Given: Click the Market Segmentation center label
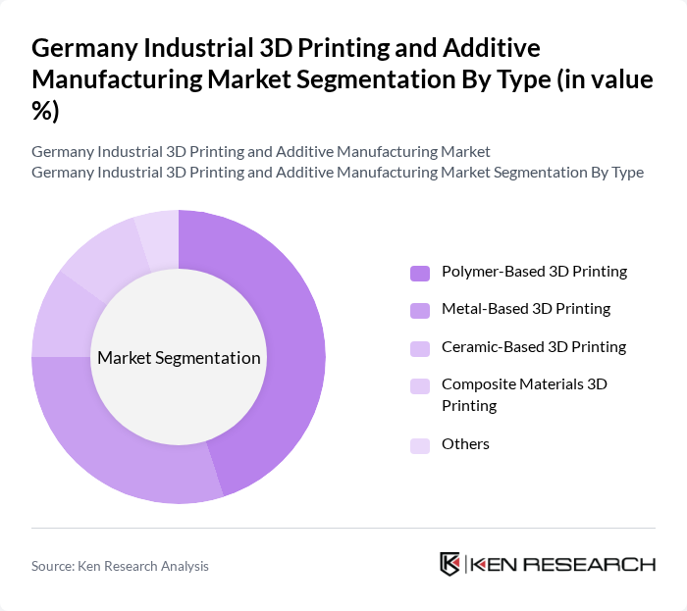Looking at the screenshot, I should (x=179, y=358).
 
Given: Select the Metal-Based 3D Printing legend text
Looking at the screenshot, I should (x=525, y=309).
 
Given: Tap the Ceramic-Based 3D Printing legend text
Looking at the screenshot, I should (x=533, y=346).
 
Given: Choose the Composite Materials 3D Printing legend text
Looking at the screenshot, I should (x=524, y=394).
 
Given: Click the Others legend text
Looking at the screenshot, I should (x=465, y=443).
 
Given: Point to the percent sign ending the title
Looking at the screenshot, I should (x=44, y=111).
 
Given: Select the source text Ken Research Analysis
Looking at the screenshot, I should (x=120, y=566).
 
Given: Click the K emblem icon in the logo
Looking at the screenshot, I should (x=450, y=564).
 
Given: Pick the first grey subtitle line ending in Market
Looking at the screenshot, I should (x=261, y=152).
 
